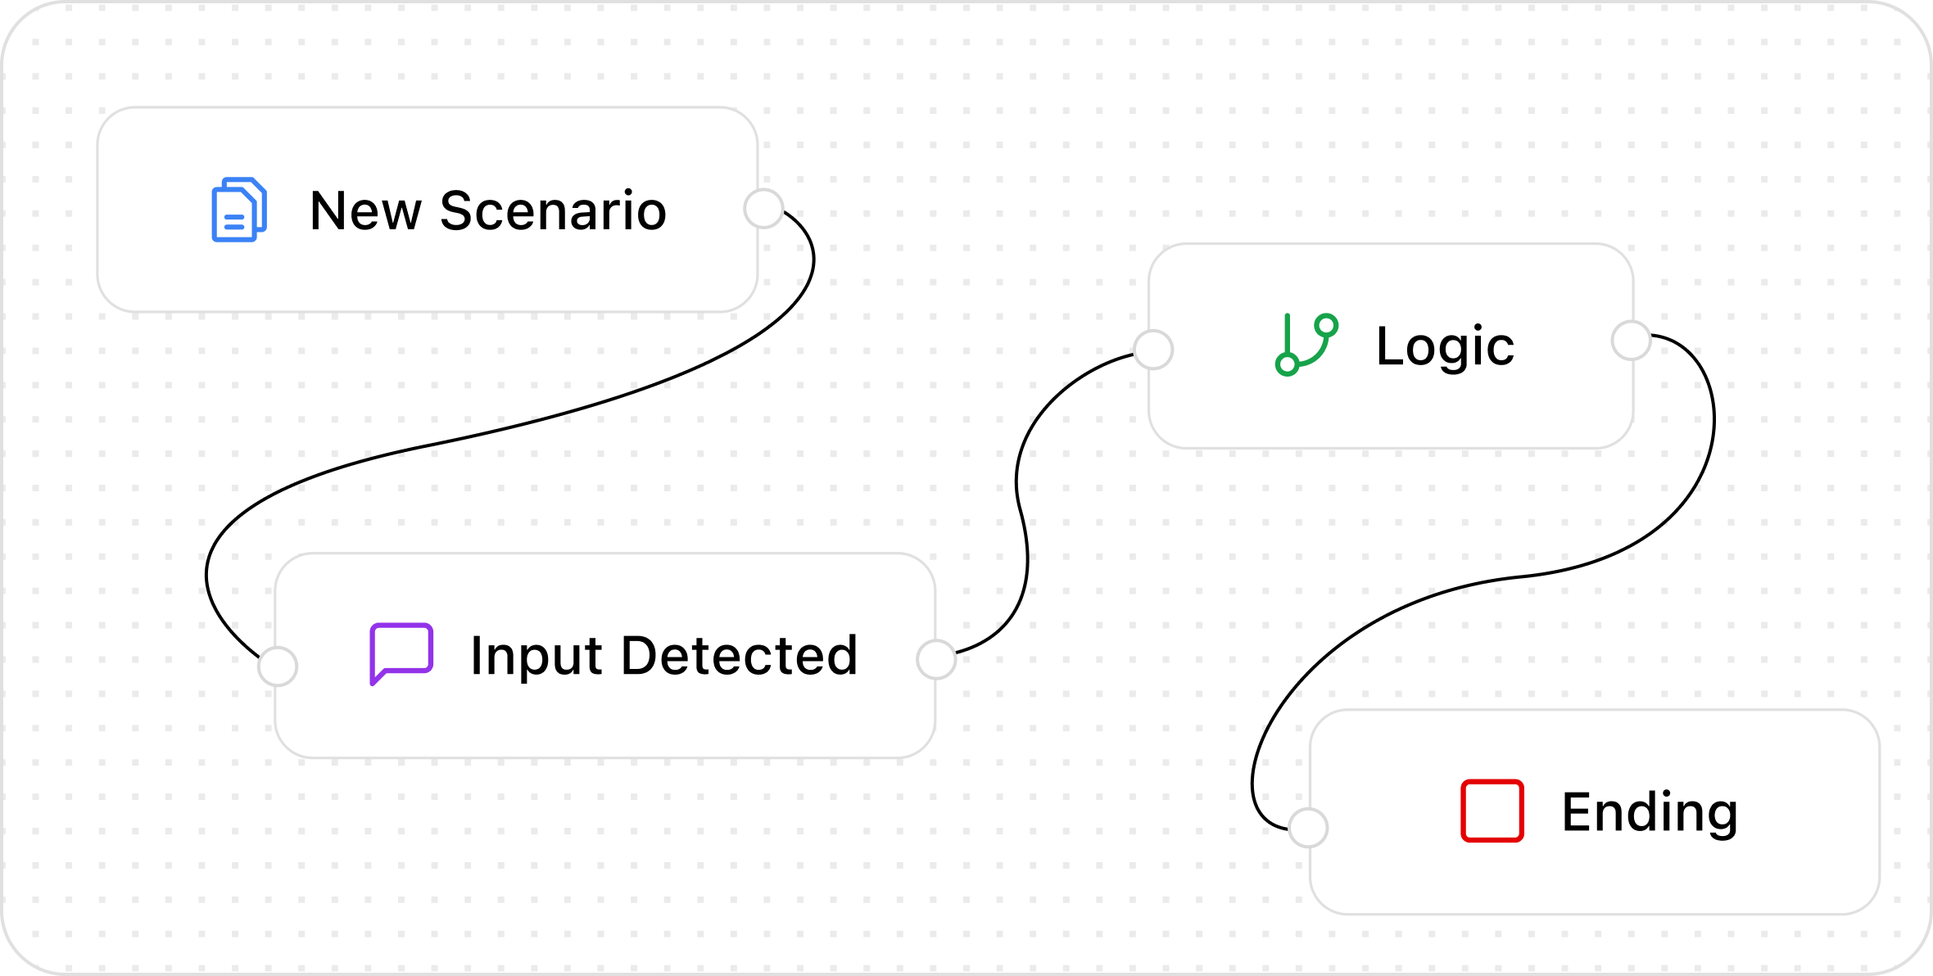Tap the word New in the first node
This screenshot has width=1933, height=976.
coord(365,211)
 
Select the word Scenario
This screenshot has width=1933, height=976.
coord(553,211)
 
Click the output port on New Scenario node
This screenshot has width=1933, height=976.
coord(763,209)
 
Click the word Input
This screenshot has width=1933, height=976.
coord(536,657)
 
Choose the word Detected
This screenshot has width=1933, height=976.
coord(740,656)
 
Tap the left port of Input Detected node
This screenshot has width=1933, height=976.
coord(278,666)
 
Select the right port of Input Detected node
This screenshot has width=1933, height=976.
coord(936,660)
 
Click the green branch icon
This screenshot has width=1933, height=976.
coord(1306,345)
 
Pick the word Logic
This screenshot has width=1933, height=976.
coord(1445,347)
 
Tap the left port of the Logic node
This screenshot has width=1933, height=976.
coord(1153,350)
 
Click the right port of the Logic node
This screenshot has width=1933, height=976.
coord(1631,341)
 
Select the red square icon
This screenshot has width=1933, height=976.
coord(1492,811)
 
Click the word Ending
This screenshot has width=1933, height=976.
coord(1650,812)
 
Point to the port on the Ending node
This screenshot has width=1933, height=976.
coord(1308,828)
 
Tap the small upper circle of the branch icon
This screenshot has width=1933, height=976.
coord(1327,325)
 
